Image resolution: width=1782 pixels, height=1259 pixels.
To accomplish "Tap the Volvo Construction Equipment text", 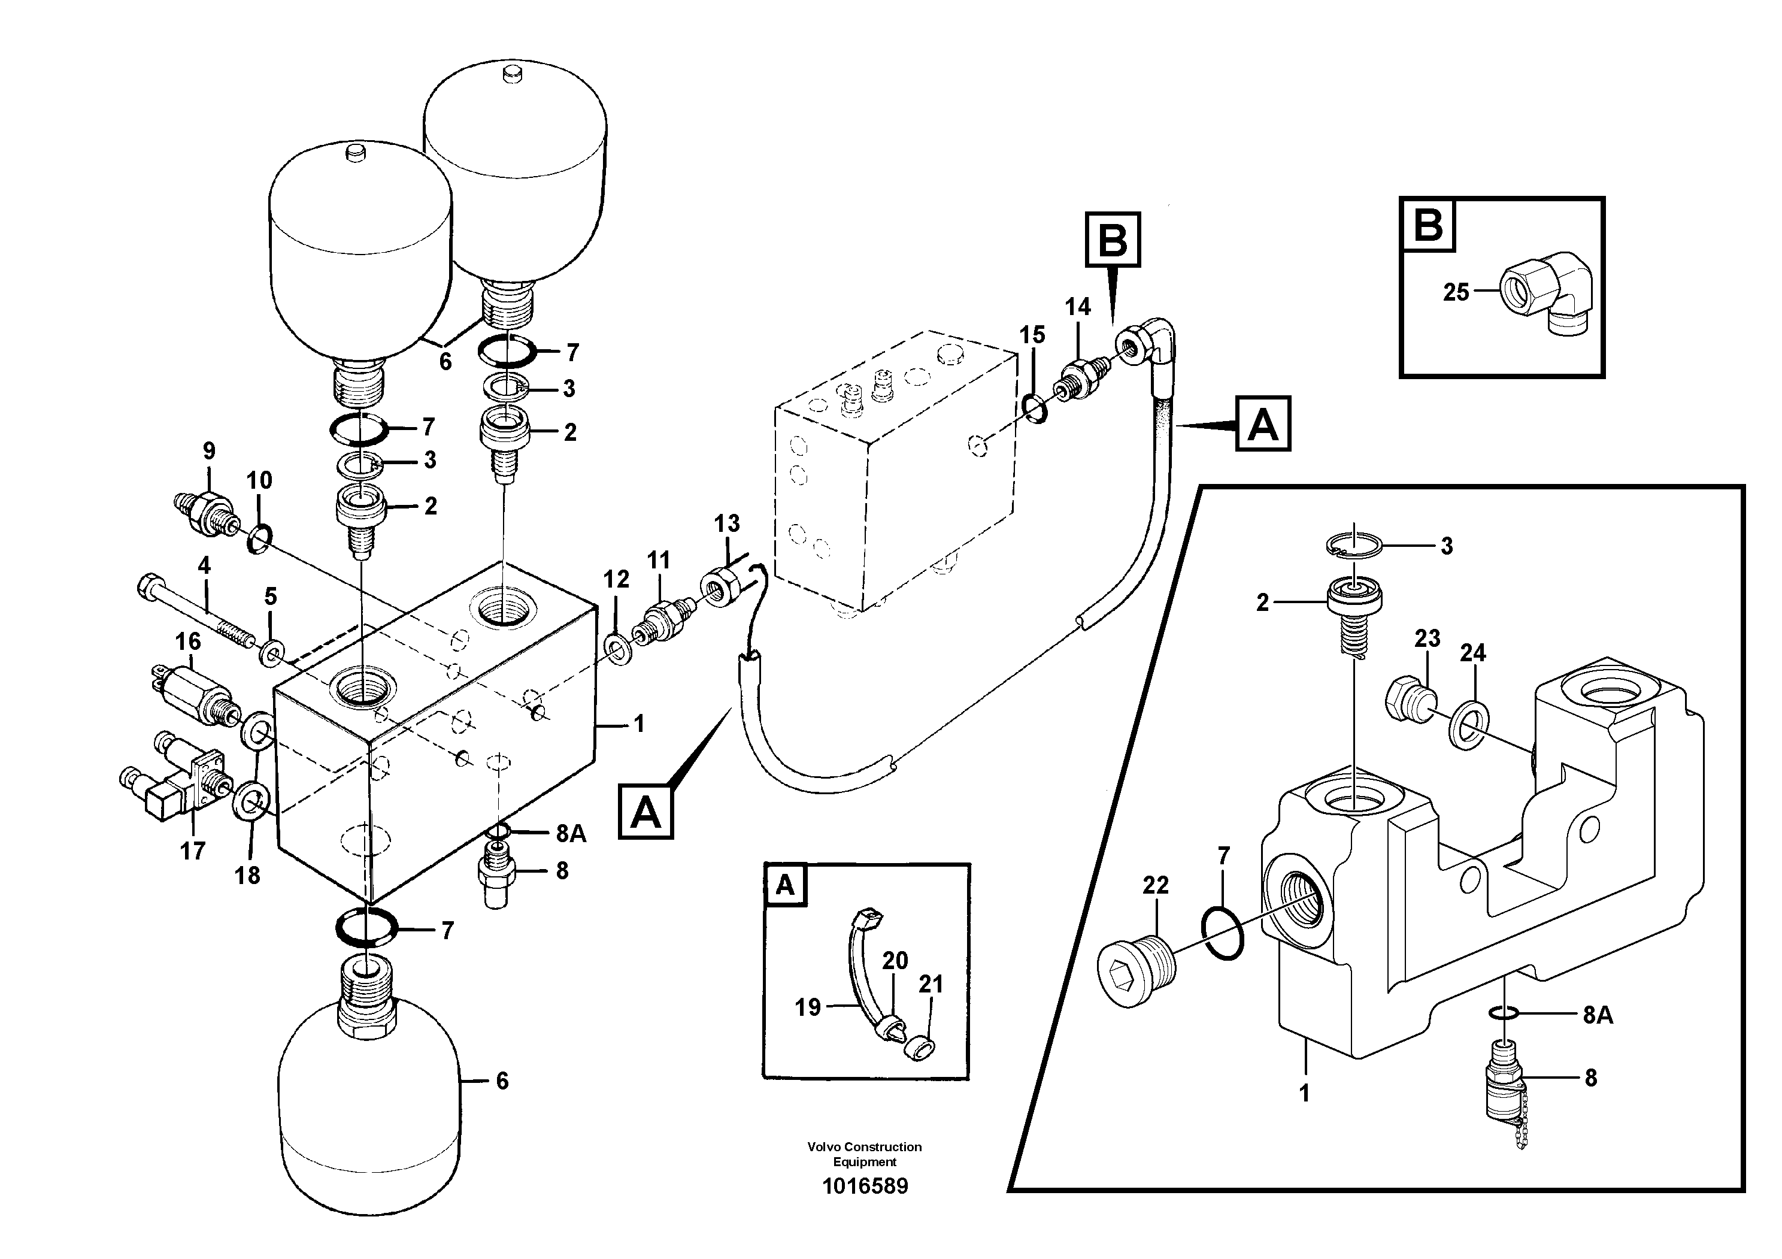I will pos(865,1154).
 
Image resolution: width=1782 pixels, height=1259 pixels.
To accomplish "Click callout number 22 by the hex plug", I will pos(1156,886).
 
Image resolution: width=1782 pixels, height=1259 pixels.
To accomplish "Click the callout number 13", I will pos(728,524).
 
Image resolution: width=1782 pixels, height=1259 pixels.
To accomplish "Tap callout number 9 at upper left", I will pos(209,451).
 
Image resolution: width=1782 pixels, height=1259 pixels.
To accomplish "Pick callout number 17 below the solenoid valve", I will pos(192,852).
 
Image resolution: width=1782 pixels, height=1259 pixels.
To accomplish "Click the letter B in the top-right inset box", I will pos(1429,226).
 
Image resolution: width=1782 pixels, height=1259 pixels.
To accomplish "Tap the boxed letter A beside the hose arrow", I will pos(1263,425).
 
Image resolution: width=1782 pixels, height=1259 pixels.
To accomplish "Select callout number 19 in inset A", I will pos(807,1007).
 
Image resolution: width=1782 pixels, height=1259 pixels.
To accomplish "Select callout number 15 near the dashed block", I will pos(1032,335).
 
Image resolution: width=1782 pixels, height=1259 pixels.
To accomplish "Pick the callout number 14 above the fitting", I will pos(1077,307).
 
